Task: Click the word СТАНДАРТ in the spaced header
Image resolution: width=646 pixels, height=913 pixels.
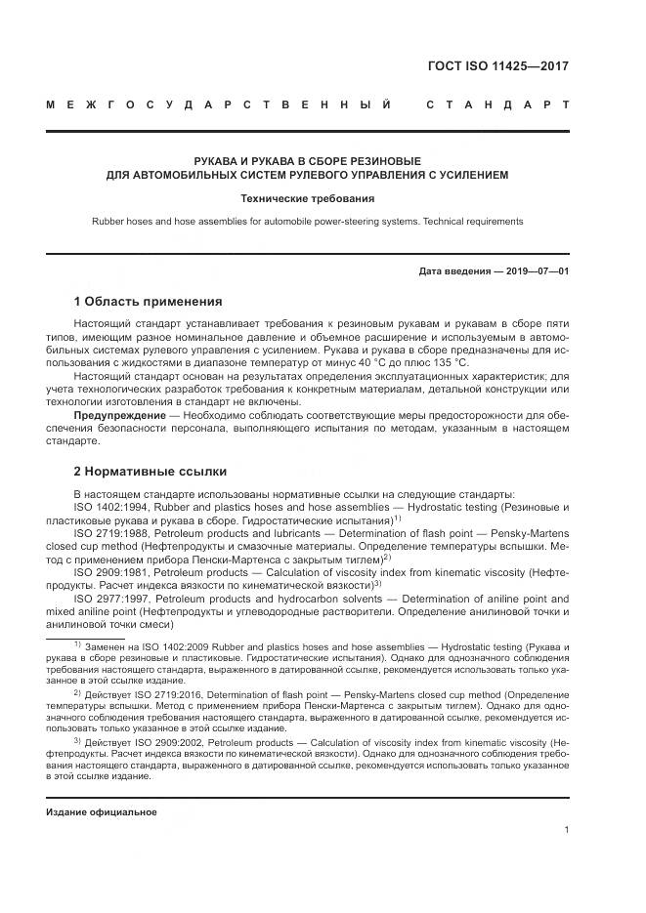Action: click(x=497, y=104)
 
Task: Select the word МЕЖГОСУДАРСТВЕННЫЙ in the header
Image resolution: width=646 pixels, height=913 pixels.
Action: click(x=224, y=104)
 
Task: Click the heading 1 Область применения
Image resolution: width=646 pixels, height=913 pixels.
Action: click(x=148, y=301)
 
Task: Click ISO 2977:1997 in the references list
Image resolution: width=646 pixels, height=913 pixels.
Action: click(x=109, y=598)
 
